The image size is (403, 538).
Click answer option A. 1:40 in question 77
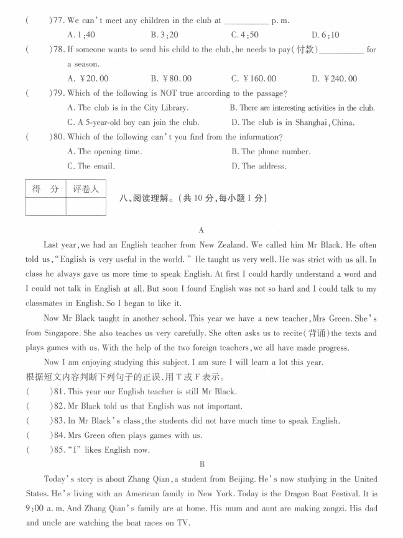point(84,35)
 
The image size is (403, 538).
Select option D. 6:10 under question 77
point(325,35)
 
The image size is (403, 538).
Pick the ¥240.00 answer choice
point(335,78)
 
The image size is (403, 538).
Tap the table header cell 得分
point(45,189)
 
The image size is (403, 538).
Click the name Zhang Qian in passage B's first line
point(143,479)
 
